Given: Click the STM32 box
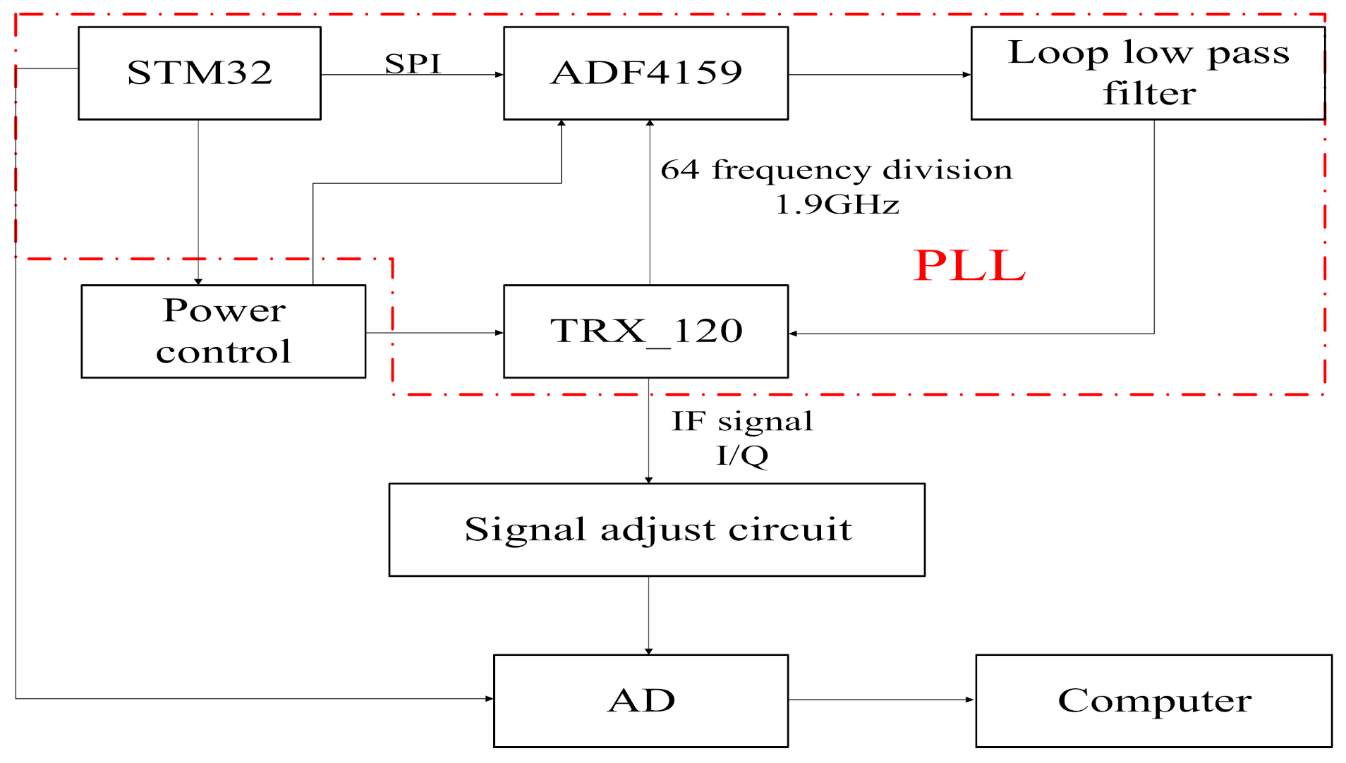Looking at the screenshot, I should coord(199,73).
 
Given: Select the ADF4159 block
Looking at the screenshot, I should coord(645,73).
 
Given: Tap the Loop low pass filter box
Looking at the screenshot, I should coord(1148,73).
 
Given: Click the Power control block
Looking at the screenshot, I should coord(223,331).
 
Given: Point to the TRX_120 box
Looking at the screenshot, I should coord(645,331).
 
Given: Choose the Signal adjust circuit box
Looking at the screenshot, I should coord(657,530).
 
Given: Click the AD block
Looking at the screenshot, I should coord(641,700).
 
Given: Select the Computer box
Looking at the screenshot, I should coord(1153,700).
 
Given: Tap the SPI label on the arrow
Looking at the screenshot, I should coord(413,63).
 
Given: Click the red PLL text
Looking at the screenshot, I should coord(969,266).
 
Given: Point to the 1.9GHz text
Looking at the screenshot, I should coord(837,205).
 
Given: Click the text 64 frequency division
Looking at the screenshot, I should coord(836,170).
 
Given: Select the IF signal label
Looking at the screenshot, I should coord(742,422).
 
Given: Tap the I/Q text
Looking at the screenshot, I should coord(742,456).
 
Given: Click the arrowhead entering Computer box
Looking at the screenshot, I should coord(970,700).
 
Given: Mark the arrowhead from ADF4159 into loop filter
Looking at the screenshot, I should coord(966,74).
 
